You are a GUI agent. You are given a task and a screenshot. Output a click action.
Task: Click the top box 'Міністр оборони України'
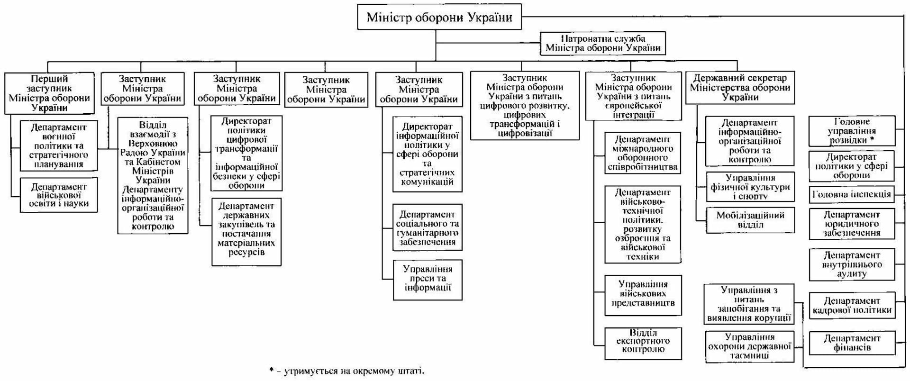point(439,18)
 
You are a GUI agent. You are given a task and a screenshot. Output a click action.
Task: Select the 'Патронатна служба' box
point(602,43)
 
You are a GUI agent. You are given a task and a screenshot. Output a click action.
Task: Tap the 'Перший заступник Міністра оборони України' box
point(49,93)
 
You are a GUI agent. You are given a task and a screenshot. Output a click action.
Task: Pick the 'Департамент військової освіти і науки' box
point(59,195)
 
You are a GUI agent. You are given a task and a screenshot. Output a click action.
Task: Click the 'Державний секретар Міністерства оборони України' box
point(739,88)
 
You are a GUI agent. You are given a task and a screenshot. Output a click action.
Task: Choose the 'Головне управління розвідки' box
point(852,131)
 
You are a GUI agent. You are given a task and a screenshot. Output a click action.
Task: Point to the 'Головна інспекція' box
point(852,194)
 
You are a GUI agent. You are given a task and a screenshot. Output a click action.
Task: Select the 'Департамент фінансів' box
point(852,343)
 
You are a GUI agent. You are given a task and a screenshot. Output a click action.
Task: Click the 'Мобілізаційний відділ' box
point(750,220)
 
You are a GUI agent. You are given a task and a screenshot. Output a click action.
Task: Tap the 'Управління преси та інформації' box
point(428,279)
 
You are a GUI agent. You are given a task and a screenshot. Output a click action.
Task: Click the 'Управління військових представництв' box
point(643,294)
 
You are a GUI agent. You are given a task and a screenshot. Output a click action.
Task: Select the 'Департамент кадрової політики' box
point(852,306)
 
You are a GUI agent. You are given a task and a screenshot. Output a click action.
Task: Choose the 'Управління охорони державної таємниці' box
point(750,346)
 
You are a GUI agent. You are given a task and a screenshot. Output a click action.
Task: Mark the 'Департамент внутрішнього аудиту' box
point(852,264)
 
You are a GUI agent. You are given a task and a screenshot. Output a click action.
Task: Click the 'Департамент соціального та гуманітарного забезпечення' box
point(428,227)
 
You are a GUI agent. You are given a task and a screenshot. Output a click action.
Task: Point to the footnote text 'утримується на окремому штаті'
point(354,371)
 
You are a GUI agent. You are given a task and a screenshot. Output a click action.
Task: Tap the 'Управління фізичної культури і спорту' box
point(750,187)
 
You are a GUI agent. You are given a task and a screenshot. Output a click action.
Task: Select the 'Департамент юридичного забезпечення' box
point(852,224)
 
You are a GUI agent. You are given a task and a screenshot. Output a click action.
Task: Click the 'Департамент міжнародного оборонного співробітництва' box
point(643,154)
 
